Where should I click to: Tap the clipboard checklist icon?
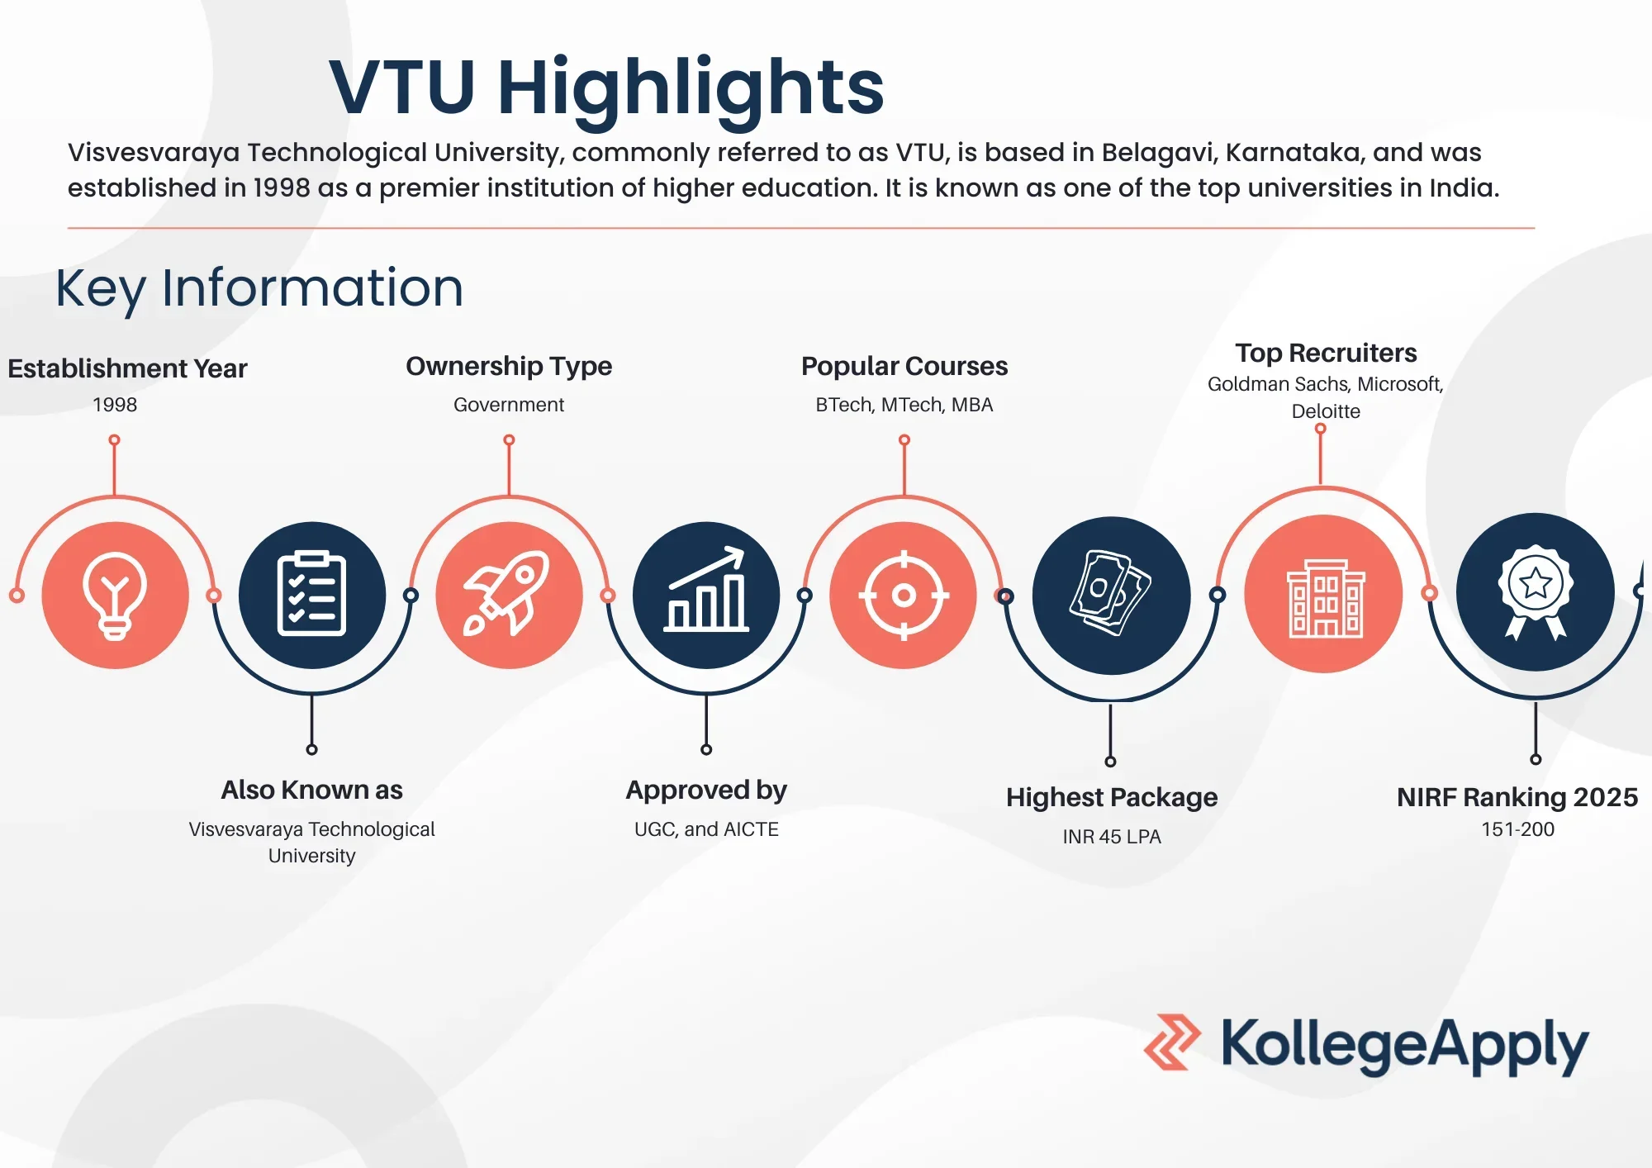(311, 594)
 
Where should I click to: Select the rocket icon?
(508, 593)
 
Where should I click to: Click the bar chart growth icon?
(706, 590)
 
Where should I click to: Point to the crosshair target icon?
(904, 595)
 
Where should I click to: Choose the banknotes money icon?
(1111, 592)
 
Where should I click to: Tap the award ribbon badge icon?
(1536, 591)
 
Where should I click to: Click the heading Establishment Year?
(127, 368)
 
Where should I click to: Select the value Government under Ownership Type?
(509, 405)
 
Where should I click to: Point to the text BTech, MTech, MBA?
(904, 405)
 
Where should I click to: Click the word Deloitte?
(1326, 411)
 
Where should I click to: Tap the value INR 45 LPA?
(1112, 837)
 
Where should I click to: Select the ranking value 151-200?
(1518, 829)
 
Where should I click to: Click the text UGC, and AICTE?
(706, 829)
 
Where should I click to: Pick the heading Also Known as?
(311, 790)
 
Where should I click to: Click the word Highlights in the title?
(691, 88)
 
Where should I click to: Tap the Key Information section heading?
(259, 288)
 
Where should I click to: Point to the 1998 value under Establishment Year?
(115, 405)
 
